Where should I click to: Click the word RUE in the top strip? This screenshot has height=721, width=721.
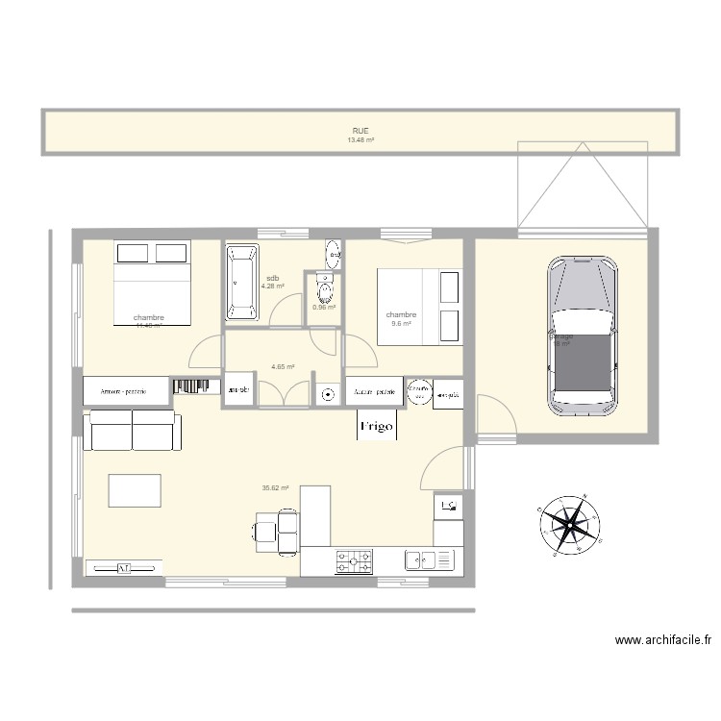[x=360, y=131]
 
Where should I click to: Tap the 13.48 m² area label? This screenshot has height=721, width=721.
[x=360, y=140]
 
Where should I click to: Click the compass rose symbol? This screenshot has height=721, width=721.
[x=569, y=524]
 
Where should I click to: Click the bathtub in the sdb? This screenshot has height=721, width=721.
[x=241, y=282]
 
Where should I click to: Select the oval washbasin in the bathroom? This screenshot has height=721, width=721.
[x=333, y=255]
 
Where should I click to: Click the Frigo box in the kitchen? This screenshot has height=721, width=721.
[x=377, y=427]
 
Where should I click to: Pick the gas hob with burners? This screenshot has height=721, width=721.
[x=354, y=560]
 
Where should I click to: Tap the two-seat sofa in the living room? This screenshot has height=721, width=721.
[x=132, y=432]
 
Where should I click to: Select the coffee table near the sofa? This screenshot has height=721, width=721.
[x=134, y=490]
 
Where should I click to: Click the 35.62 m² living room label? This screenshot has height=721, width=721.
[x=275, y=488]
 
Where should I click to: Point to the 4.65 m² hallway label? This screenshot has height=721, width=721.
[x=283, y=366]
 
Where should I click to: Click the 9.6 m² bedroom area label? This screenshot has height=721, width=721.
[x=401, y=324]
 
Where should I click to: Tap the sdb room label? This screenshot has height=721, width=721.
[x=272, y=279]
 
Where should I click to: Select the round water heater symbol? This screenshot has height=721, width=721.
[x=419, y=391]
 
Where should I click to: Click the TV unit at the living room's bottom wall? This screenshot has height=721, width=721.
[x=124, y=567]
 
